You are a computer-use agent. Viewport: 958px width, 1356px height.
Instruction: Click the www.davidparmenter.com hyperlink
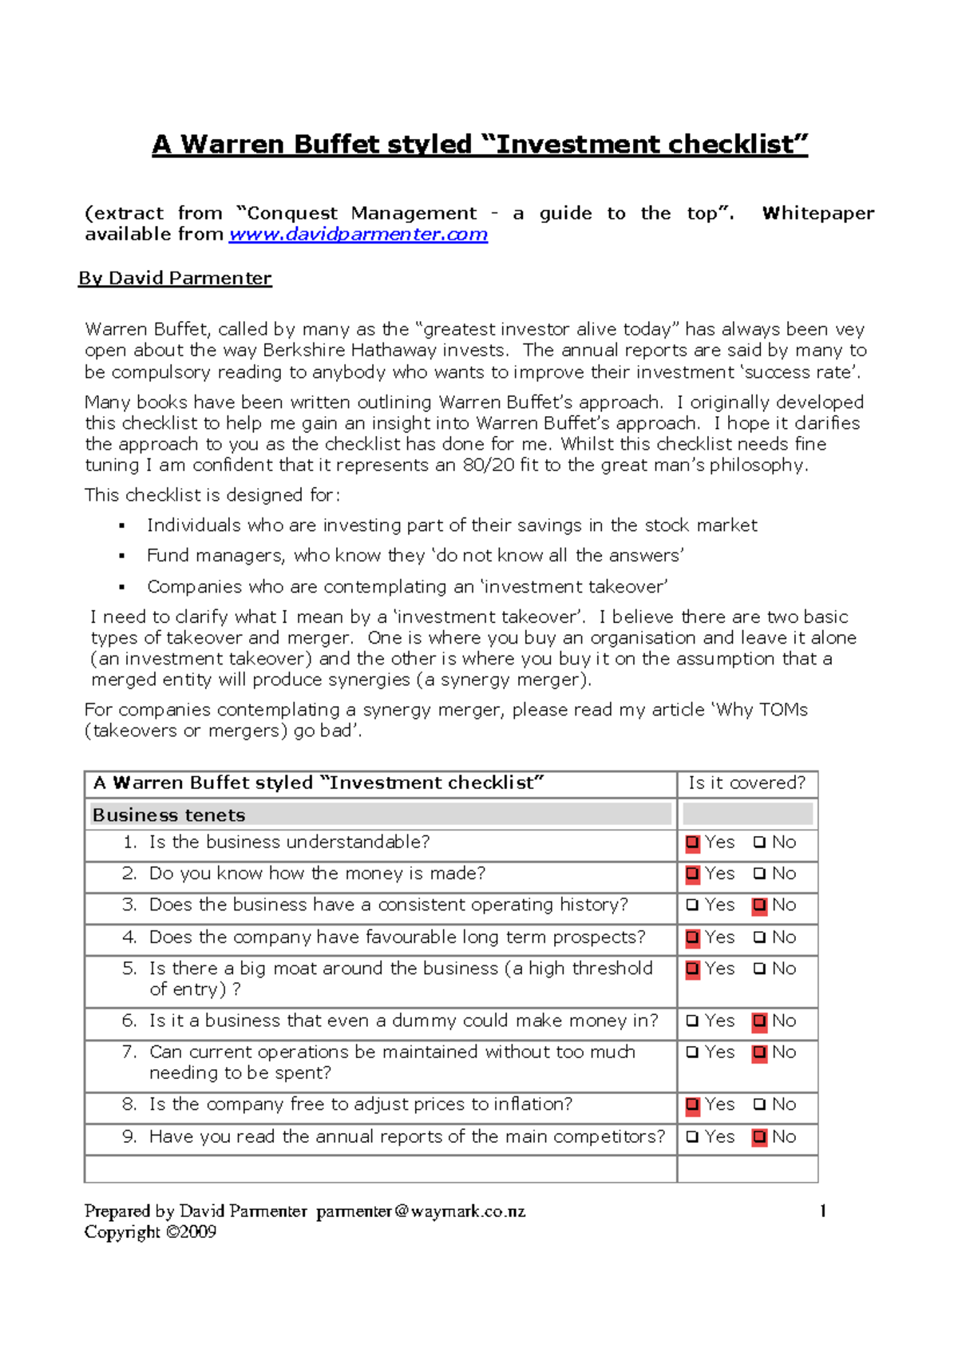[358, 235]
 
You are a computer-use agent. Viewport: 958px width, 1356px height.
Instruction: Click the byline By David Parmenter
[175, 278]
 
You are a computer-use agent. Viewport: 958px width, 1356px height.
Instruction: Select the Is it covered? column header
[746, 783]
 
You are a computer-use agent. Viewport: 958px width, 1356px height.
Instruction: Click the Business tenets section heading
[168, 815]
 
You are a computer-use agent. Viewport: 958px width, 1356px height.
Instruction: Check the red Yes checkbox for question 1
[692, 843]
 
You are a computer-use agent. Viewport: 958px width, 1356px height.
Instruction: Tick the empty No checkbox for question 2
[759, 874]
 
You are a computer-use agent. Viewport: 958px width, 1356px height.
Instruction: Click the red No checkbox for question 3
[759, 906]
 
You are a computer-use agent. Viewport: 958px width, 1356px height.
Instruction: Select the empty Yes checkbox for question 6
[692, 1021]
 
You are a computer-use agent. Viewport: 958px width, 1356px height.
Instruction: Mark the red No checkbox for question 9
[759, 1137]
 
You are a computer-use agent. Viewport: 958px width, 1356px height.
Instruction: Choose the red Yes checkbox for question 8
[692, 1105]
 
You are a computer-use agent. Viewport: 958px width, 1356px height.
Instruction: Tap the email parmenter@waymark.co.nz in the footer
[421, 1211]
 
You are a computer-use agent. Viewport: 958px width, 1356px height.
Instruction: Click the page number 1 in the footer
[822, 1211]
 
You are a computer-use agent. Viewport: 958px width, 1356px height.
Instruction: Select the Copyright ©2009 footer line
[150, 1232]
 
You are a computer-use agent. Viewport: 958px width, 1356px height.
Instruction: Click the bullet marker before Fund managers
[122, 556]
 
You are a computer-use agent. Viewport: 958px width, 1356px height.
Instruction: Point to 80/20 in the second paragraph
[489, 466]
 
